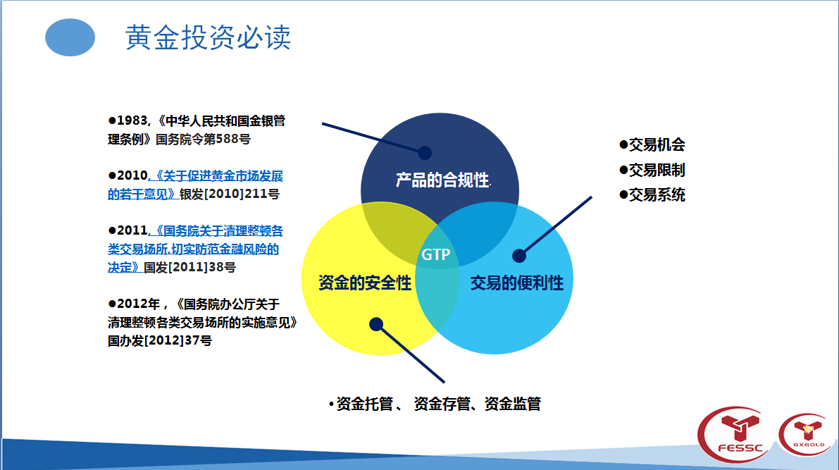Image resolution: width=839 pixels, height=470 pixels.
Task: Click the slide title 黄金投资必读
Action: pos(208,37)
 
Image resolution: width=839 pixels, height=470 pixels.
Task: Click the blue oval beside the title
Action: pos(70,37)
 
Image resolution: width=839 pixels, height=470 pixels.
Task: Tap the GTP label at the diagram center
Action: pos(436,254)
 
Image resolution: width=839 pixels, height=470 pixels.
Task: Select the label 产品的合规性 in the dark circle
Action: pos(442,180)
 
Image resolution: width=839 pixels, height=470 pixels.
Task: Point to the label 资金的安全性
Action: pos(365,283)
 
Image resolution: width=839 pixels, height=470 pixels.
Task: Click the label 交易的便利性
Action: pos(517,283)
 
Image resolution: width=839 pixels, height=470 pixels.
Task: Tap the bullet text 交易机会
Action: pos(657,144)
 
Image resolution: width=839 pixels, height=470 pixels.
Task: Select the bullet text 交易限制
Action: pos(657,171)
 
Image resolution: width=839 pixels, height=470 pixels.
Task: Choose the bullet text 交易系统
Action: pos(657,195)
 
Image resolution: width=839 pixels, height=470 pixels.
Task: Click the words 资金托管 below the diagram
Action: pos(365,404)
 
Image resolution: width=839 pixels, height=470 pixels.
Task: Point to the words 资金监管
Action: pos(513,404)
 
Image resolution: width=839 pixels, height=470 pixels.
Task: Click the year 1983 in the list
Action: pos(132,121)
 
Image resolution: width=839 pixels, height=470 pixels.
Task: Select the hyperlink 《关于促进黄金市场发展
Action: pos(216,175)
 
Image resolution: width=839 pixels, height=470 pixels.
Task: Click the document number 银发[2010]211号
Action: pos(230,194)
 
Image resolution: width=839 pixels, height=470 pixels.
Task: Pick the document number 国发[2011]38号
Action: pos(190,267)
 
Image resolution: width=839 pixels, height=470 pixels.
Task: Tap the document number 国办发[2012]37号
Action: pos(160,340)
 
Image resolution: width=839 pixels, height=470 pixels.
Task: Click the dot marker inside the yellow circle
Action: pos(376,324)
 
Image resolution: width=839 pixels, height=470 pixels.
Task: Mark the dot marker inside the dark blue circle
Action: pos(425,153)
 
